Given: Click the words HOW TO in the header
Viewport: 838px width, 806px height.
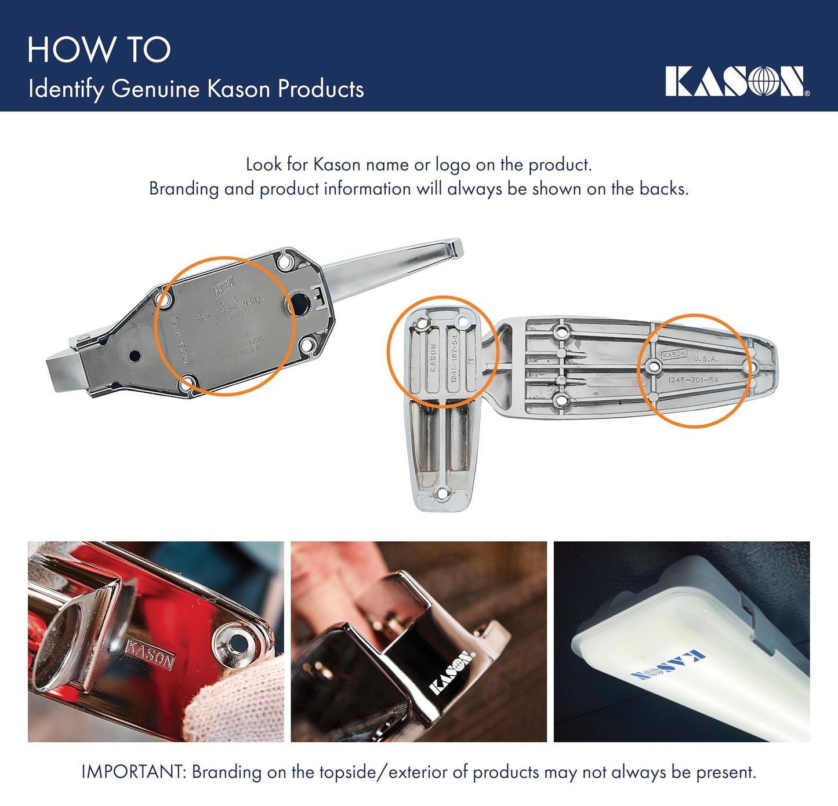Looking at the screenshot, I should coord(99,50).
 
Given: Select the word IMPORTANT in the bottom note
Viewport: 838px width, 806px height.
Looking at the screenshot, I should coord(133,772).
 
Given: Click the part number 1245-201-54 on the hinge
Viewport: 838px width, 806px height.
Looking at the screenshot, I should coord(693,380).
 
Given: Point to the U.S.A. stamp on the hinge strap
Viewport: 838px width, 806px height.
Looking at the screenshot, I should coord(706,359).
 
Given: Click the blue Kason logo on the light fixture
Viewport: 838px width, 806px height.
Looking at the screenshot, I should coord(668,666).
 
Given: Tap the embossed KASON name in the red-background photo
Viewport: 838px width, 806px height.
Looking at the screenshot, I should coord(150,654).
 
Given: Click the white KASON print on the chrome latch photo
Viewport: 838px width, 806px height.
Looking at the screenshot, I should coord(451,673).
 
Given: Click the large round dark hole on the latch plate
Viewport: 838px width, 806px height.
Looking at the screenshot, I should coord(300,303).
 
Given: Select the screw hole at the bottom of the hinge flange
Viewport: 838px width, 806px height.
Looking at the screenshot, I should coord(442,494).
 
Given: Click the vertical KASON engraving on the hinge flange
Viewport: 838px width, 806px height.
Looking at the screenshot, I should coord(433,359).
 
